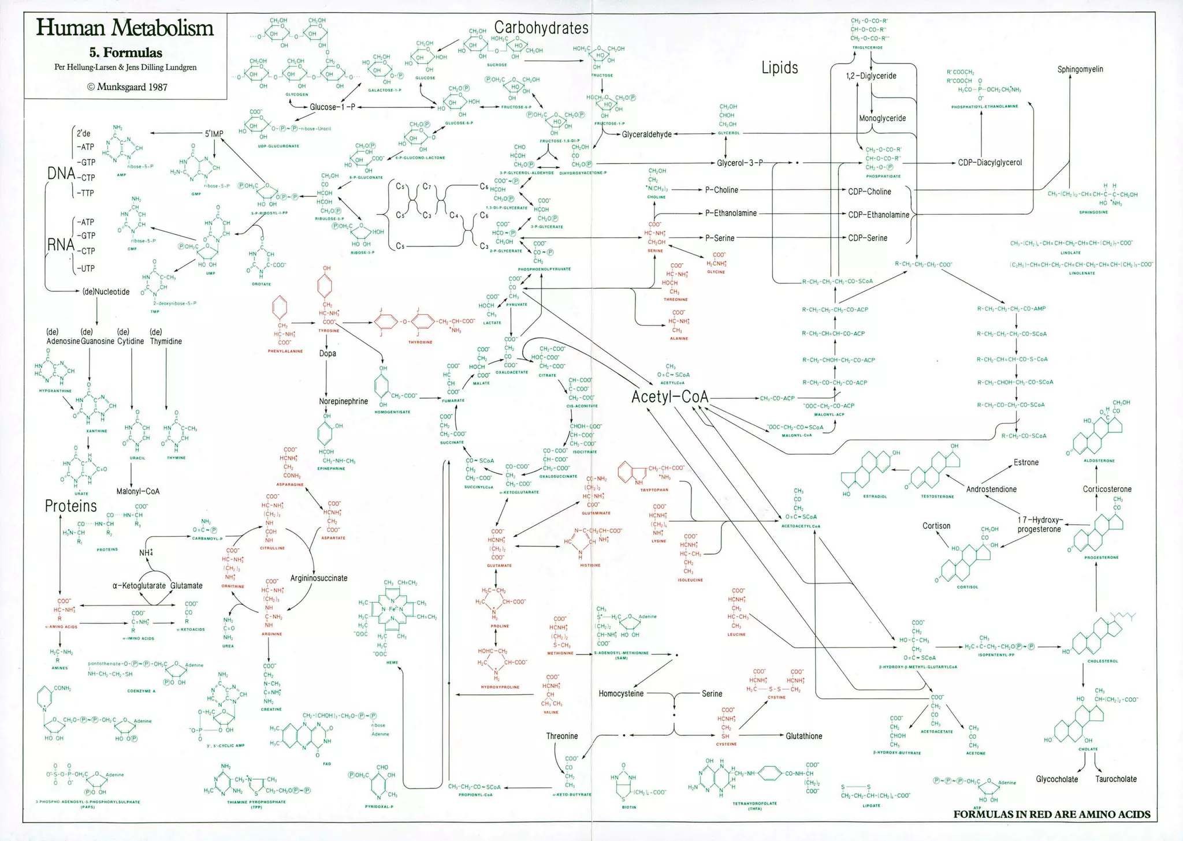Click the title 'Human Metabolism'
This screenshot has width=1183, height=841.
tap(125, 28)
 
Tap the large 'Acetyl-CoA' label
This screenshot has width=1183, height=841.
tap(669, 397)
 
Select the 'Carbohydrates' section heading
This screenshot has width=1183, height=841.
tap(541, 28)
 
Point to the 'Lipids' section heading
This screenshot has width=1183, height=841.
tap(779, 68)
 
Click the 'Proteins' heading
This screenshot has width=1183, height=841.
tap(71, 506)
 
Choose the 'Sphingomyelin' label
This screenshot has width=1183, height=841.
tap(1080, 69)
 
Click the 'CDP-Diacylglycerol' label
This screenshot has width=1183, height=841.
tap(989, 163)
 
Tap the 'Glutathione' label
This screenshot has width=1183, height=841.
tap(803, 736)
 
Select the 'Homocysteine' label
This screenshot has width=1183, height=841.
tap(621, 693)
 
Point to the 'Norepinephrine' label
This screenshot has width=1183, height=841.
tap(343, 401)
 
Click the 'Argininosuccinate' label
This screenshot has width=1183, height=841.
tap(319, 578)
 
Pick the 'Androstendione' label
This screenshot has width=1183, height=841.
tap(991, 489)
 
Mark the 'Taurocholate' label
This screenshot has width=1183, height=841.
tap(1115, 779)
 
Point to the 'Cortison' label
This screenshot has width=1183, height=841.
tap(936, 526)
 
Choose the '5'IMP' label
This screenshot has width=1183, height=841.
tap(214, 133)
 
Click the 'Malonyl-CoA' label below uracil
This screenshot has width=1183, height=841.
tap(137, 491)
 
